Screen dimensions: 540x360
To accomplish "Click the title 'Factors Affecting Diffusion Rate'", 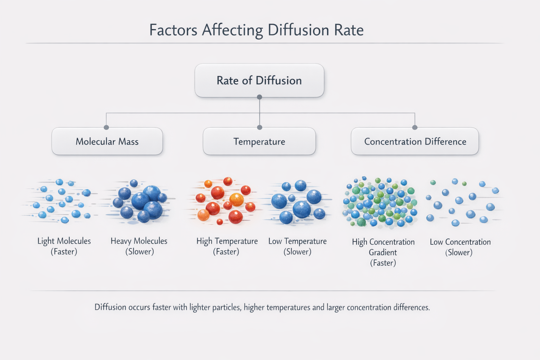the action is (257, 30).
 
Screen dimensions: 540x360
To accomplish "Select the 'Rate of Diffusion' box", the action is (259, 80).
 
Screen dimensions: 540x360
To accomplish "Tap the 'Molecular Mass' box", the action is (107, 141).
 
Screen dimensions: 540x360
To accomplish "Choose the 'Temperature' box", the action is (259, 141).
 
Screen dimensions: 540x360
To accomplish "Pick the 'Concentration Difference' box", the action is (415, 141).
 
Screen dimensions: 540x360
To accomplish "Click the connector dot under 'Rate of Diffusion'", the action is (259, 97).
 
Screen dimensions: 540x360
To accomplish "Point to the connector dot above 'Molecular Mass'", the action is (106, 127).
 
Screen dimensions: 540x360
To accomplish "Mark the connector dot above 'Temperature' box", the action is (260, 127).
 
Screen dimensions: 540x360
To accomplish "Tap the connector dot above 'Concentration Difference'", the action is (414, 127).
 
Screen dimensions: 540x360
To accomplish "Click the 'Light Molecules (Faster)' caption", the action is (64, 246).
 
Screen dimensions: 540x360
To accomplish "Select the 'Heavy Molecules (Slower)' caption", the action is (139, 246).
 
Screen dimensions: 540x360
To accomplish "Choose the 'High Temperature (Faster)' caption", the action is (227, 246).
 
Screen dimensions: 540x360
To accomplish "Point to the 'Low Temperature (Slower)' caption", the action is (297, 246).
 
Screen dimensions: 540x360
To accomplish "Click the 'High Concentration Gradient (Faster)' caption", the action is (383, 252).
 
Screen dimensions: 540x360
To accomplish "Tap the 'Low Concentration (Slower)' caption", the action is (460, 247).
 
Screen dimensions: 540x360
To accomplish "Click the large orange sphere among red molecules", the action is (237, 200).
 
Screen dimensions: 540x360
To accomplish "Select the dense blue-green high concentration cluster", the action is (380, 202).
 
